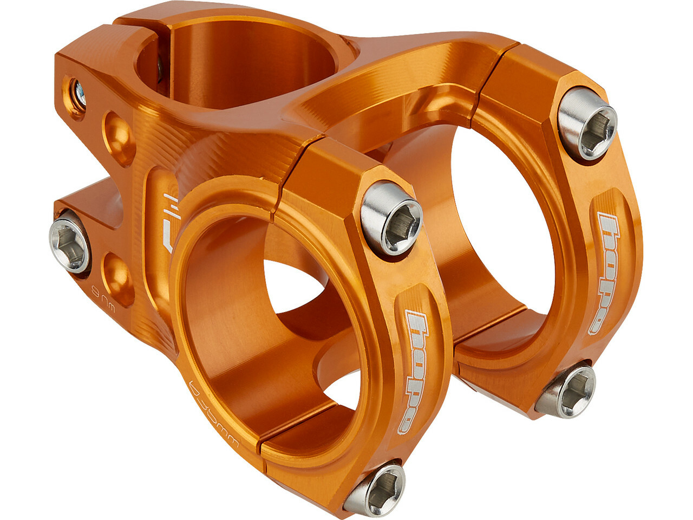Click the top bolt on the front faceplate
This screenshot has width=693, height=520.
(391, 218)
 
